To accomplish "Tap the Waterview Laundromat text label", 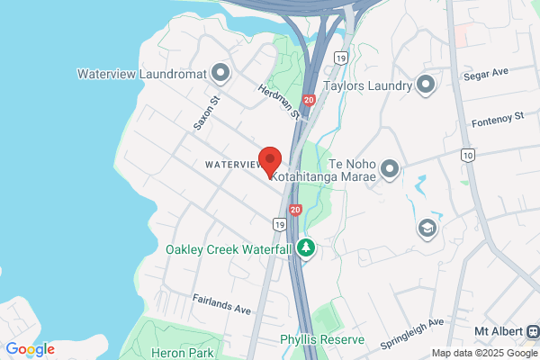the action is click(x=141, y=73).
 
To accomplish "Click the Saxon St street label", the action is click(x=206, y=113).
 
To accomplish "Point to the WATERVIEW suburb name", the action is click(x=231, y=165).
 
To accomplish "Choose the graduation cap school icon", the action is click(x=427, y=229).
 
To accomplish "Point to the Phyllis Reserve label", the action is click(x=320, y=340).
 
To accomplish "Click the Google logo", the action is click(x=30, y=349).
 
